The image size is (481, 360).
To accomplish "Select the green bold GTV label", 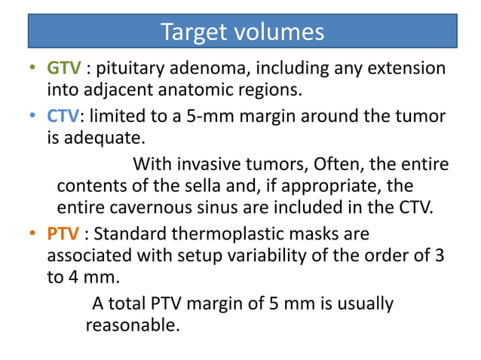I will tap(64, 69).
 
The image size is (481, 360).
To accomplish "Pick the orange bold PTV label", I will tap(63, 233).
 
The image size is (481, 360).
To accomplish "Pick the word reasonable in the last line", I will tap(132, 325).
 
